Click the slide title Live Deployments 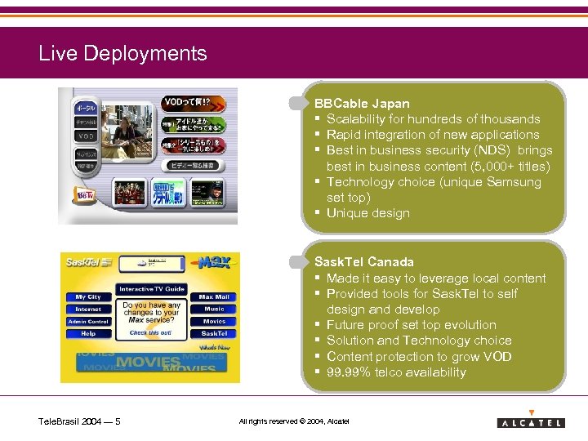[x=122, y=54]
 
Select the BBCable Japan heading [x=362, y=104]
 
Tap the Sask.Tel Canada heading [x=364, y=261]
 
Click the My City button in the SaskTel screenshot [x=88, y=297]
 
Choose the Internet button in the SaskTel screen [x=88, y=310]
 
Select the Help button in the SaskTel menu [x=88, y=333]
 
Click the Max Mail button [x=214, y=297]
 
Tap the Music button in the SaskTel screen [x=214, y=310]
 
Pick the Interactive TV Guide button [x=152, y=289]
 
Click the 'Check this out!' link [x=150, y=332]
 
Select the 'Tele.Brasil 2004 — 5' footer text [x=80, y=421]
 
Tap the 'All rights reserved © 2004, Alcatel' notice [x=293, y=421]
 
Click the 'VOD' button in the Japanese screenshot [x=87, y=136]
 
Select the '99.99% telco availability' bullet [x=396, y=372]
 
